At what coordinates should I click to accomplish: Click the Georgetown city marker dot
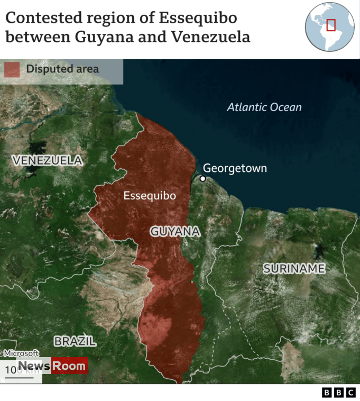point(202,179)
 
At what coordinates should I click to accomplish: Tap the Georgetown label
point(235,169)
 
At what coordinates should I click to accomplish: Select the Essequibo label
point(150,196)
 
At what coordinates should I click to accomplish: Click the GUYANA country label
point(175,231)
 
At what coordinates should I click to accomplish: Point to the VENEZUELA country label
point(48,160)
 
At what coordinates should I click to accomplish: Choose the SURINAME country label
point(294,268)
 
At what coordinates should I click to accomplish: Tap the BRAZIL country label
point(75,341)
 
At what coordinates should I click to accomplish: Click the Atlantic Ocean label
point(264,107)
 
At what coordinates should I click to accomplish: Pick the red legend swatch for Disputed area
point(12,69)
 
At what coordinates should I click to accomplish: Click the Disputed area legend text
point(62,69)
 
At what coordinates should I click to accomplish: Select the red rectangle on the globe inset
point(331,25)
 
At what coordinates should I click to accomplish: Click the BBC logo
point(339,393)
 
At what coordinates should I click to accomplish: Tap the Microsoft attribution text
point(21,353)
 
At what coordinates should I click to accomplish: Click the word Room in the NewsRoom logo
point(69,366)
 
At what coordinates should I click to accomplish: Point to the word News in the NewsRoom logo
point(34,366)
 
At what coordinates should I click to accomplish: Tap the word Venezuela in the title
point(215,38)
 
